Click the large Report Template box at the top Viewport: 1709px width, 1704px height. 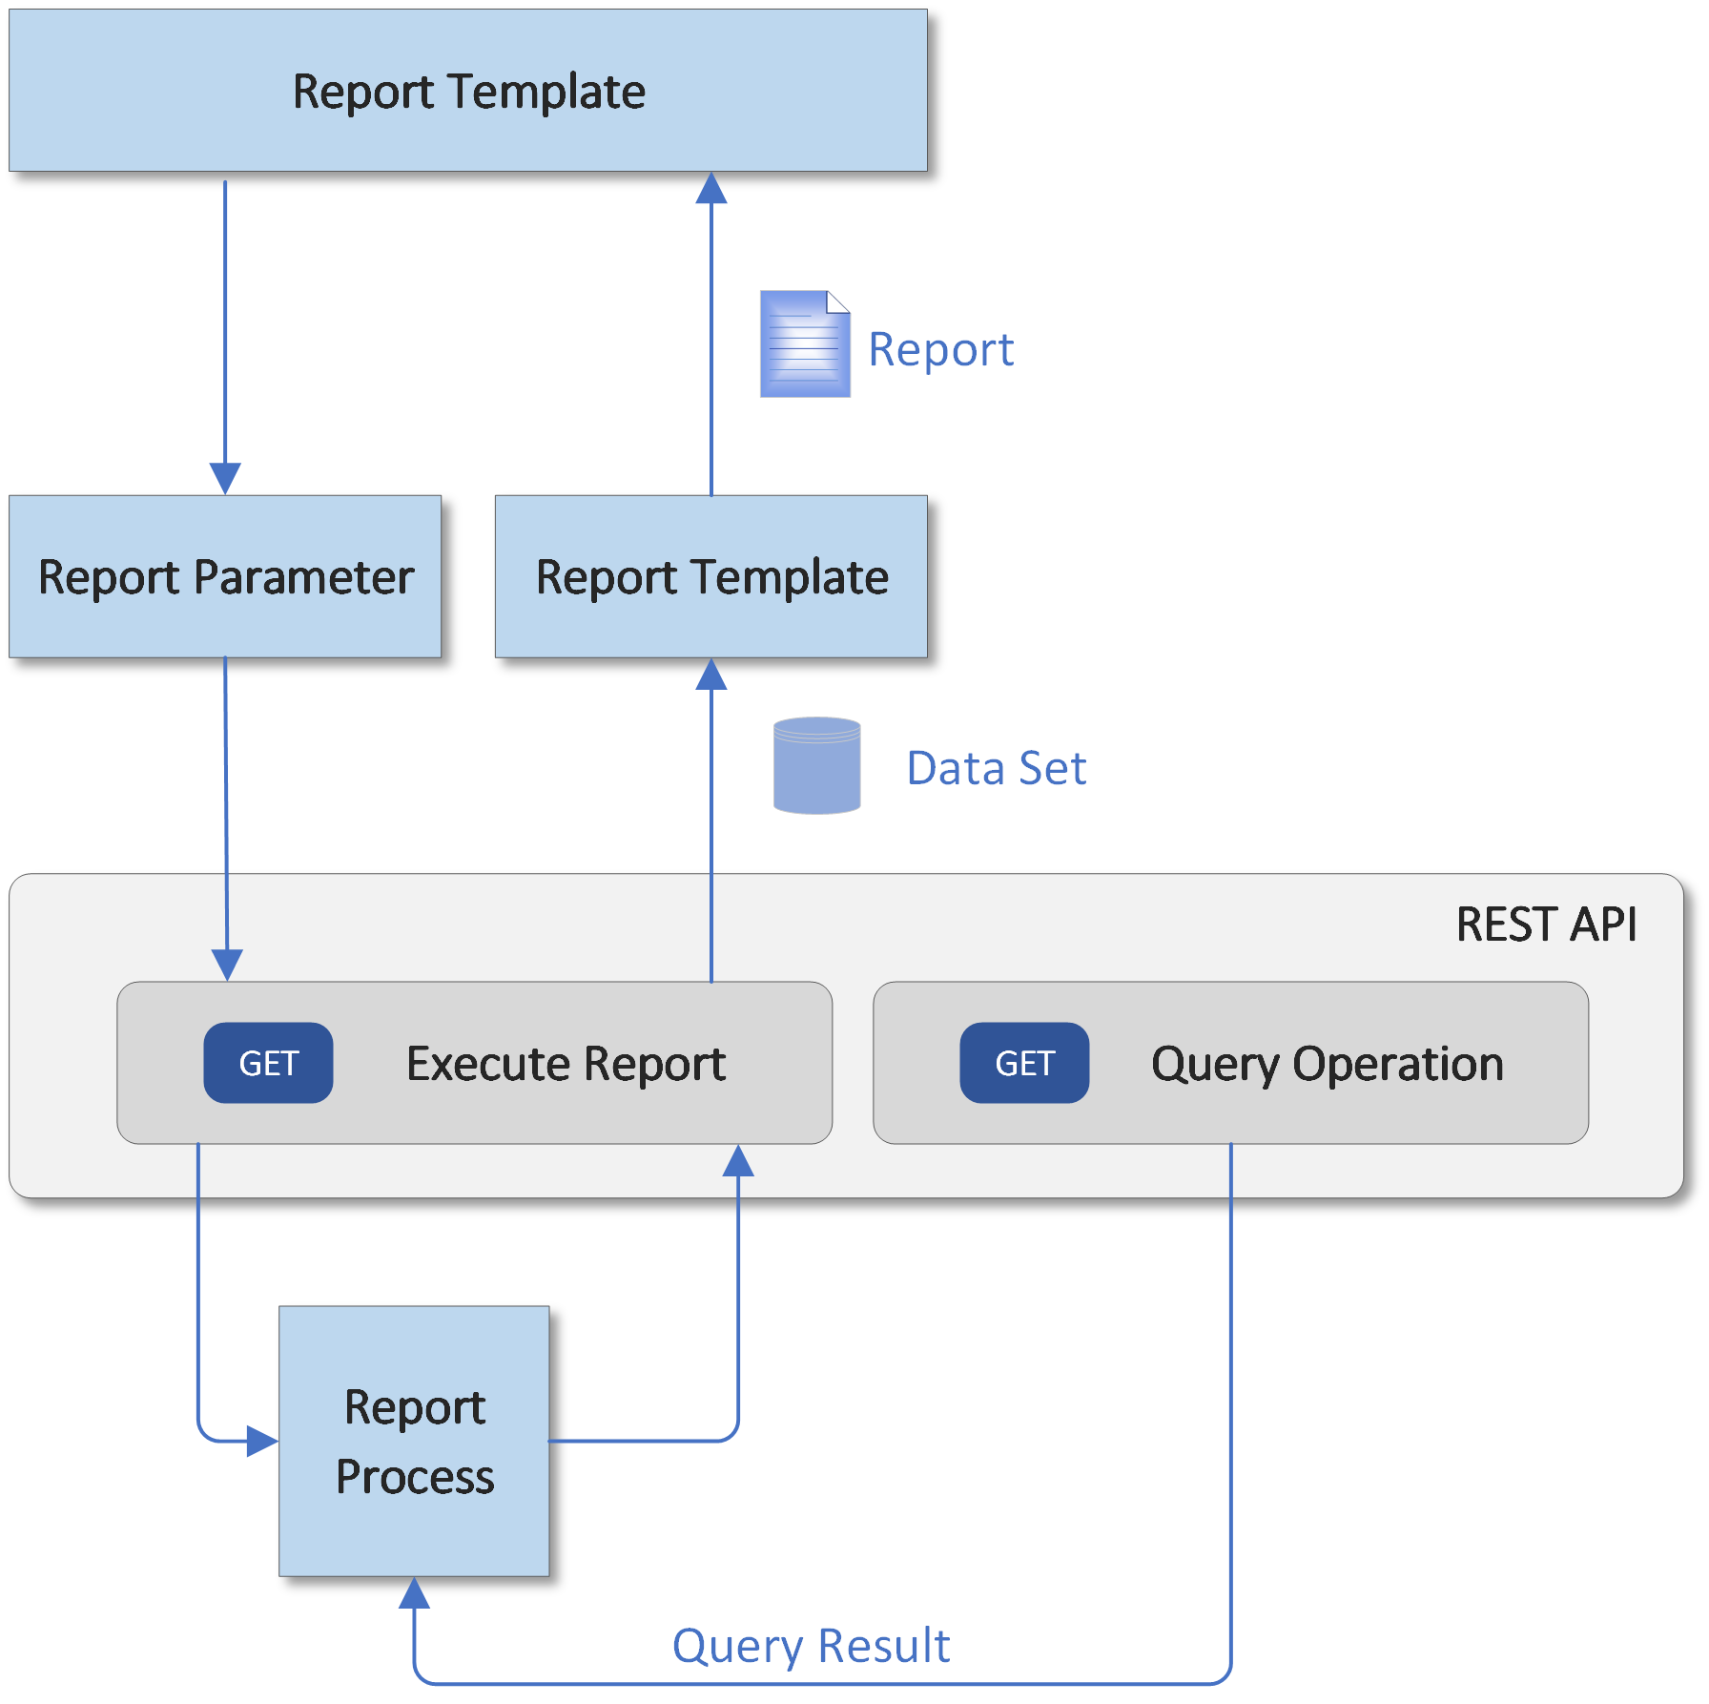(x=467, y=92)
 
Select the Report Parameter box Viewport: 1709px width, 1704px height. (x=225, y=577)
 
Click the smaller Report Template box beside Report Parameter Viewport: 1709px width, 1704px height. (x=711, y=577)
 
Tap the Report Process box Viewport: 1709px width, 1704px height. (x=414, y=1441)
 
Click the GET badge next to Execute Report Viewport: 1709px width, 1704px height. (x=268, y=1063)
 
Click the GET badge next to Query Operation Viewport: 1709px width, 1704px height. (x=1024, y=1063)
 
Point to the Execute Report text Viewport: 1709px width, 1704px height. (x=566, y=1064)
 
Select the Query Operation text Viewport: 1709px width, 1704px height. (x=1327, y=1064)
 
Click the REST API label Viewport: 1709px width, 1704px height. (x=1546, y=925)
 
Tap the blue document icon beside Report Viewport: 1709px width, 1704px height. (x=804, y=344)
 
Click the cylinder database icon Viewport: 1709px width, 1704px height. (x=816, y=766)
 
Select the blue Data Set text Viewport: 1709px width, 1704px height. (x=996, y=768)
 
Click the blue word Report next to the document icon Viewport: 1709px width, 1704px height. (x=940, y=349)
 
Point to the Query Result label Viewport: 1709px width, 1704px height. (x=811, y=1646)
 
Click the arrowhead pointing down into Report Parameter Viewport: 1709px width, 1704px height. (x=225, y=478)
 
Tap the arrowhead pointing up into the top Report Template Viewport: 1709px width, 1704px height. (x=711, y=189)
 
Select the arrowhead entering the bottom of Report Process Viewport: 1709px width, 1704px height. (x=414, y=1593)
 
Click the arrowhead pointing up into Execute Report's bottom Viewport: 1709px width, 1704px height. (x=738, y=1161)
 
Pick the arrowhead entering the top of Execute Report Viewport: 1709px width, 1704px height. (x=227, y=965)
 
